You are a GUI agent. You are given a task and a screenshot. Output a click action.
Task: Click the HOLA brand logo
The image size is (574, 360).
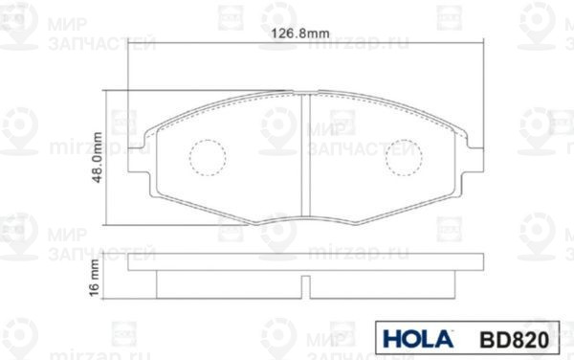(413, 338)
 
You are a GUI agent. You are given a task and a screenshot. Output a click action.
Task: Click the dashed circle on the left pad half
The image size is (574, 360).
(206, 158)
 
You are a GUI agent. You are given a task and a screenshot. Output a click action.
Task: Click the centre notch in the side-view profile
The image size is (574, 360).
(304, 284)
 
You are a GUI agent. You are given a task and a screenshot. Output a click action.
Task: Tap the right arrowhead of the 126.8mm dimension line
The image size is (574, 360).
(476, 43)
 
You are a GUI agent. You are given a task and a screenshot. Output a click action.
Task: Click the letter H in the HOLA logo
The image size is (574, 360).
(390, 338)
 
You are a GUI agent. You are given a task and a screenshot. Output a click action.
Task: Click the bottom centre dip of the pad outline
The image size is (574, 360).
(304, 218)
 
